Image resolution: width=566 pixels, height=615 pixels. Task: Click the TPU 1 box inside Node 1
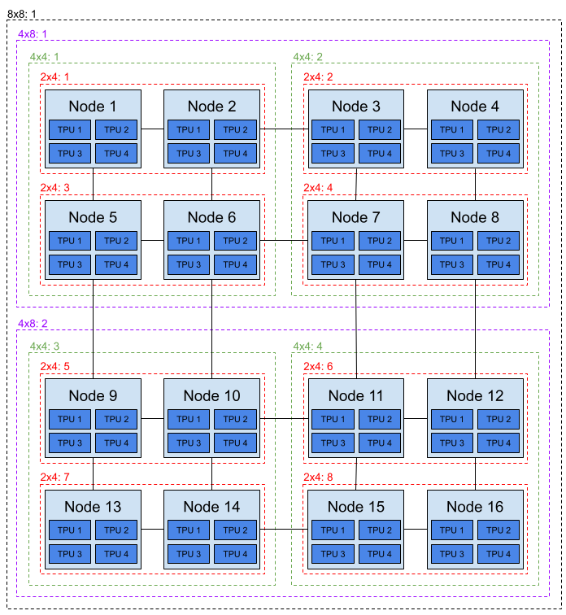(x=70, y=130)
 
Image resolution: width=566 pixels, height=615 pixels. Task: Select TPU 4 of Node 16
(x=499, y=554)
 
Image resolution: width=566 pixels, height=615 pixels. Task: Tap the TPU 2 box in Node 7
(x=380, y=241)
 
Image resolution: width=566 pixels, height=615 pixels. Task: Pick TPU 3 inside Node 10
(x=189, y=443)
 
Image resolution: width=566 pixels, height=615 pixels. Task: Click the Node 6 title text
(x=211, y=217)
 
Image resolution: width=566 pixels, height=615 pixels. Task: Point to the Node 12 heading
(x=475, y=395)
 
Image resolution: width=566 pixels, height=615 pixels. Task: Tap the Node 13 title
(x=93, y=507)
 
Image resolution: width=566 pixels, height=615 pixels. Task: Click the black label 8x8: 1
(x=22, y=14)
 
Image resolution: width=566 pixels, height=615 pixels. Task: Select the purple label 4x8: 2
(x=33, y=324)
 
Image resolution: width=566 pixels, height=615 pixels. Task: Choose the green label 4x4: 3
(x=45, y=347)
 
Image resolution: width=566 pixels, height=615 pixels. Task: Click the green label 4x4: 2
(x=307, y=57)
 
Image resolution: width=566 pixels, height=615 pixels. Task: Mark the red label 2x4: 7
(x=54, y=477)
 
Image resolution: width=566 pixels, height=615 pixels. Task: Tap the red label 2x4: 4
(x=318, y=187)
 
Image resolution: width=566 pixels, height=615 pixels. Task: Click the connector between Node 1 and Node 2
(x=152, y=129)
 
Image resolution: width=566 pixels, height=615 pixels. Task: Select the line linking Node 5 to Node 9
(x=93, y=329)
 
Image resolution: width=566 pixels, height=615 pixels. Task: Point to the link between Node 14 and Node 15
(x=284, y=529)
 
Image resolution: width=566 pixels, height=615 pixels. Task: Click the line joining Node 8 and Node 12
(x=475, y=329)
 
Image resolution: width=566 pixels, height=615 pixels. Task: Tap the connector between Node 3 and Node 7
(x=356, y=185)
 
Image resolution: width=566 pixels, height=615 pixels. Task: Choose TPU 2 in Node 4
(x=499, y=130)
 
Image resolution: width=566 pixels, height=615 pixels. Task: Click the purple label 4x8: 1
(x=33, y=34)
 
